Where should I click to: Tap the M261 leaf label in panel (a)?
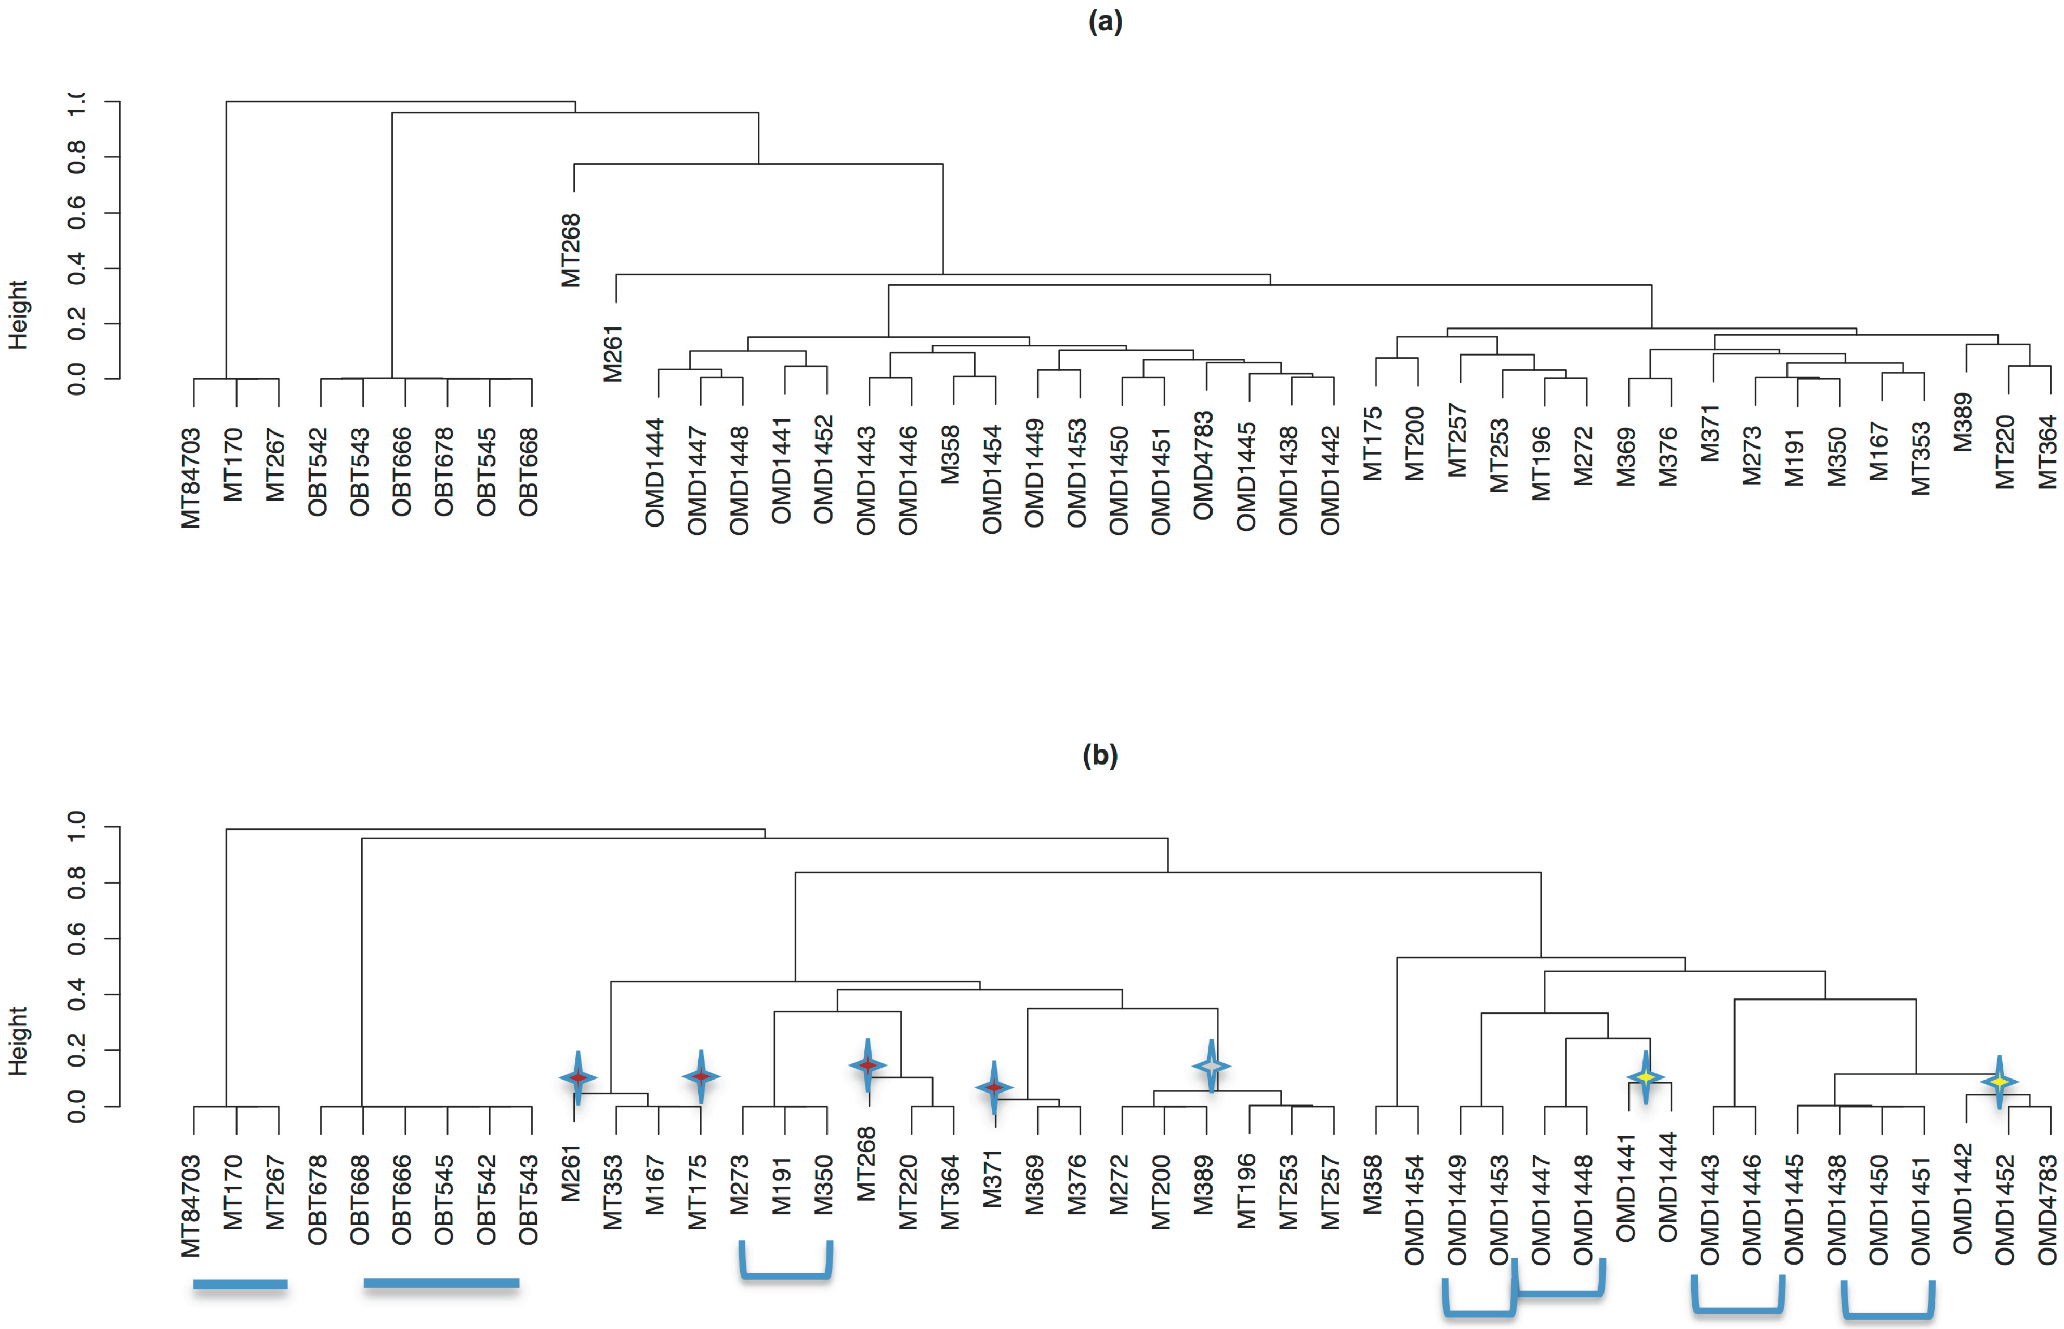[613, 354]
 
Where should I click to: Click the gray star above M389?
[1212, 1067]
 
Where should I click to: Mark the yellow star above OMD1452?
[1999, 1081]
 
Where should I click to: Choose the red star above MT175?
[701, 1077]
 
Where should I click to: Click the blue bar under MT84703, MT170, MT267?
[240, 1284]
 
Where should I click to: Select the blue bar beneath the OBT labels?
[441, 1283]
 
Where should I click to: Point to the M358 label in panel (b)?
[1372, 1184]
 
